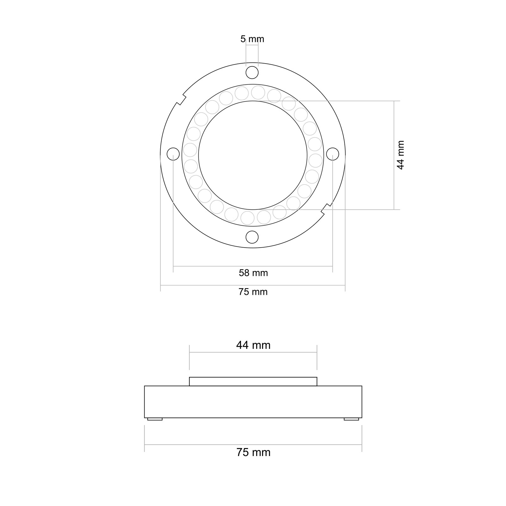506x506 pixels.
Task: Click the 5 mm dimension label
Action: pos(252,39)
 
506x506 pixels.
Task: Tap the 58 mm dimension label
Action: pos(253,273)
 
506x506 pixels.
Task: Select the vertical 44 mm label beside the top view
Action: pos(400,155)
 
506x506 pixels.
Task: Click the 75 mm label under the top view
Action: pos(253,292)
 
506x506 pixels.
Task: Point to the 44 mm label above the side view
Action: pos(253,345)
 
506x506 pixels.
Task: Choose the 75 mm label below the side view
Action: pos(253,453)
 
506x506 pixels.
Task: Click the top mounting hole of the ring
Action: pos(252,72)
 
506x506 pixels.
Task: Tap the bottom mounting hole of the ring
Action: pos(252,237)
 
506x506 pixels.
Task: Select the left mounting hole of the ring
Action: pos(173,154)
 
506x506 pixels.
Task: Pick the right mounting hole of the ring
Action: pos(332,154)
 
